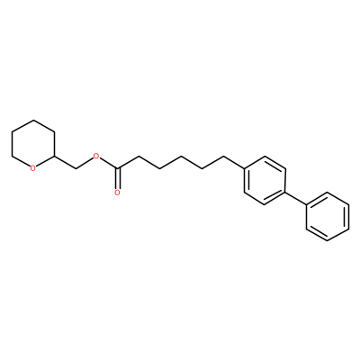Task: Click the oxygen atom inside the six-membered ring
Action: click(x=33, y=168)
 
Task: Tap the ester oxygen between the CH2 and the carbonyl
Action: click(x=96, y=156)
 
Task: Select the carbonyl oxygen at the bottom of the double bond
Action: click(x=117, y=193)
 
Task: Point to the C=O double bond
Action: click(x=118, y=179)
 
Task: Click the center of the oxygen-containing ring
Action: click(x=33, y=144)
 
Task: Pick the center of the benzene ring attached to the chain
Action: click(x=265, y=180)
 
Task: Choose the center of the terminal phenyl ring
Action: click(x=328, y=217)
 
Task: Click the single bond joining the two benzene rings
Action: click(x=296, y=198)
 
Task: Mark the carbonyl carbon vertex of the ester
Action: click(x=118, y=168)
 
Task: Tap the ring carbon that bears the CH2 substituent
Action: click(x=54, y=157)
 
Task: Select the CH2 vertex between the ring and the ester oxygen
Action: click(x=76, y=168)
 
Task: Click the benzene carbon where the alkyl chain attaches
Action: click(x=243, y=168)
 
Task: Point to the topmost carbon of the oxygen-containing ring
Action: click(x=33, y=121)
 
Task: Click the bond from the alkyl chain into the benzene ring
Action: click(x=233, y=162)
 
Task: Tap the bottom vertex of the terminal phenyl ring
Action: click(x=328, y=240)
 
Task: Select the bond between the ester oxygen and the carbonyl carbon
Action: click(x=109, y=163)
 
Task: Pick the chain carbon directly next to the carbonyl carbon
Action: click(x=139, y=157)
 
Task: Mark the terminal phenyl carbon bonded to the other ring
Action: click(x=306, y=204)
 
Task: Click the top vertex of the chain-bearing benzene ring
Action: click(x=265, y=157)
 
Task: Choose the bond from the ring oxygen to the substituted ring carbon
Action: click(x=45, y=161)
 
